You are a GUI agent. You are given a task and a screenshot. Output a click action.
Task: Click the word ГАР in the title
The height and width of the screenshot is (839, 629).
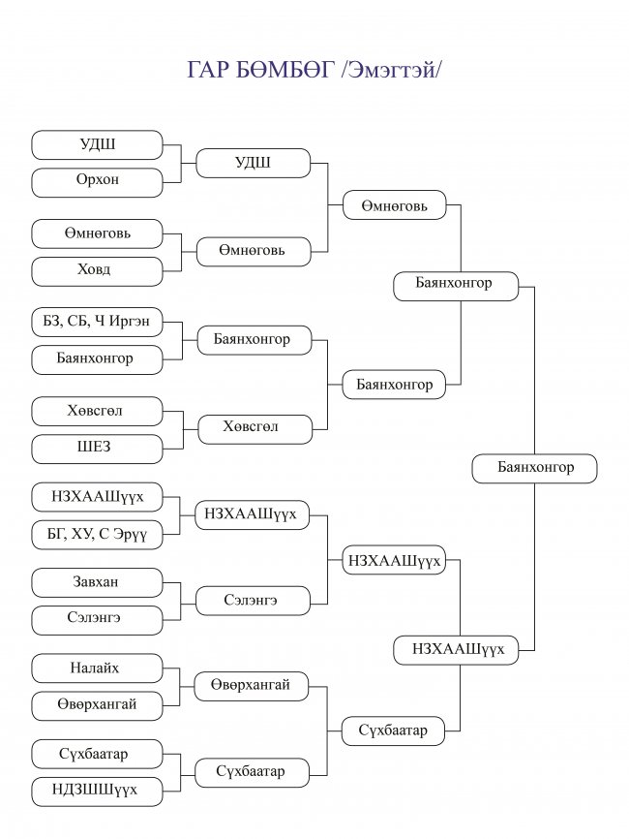pyautogui.click(x=208, y=70)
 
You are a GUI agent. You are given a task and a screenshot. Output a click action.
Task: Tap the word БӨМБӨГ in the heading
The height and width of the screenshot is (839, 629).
pyautogui.click(x=285, y=70)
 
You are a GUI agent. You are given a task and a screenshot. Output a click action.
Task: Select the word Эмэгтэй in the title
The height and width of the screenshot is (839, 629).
pyautogui.click(x=392, y=70)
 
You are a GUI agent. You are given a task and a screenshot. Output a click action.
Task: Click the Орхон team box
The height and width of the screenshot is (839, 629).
pyautogui.click(x=97, y=182)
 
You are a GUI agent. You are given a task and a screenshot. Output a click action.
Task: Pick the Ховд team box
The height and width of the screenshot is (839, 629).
pyautogui.click(x=97, y=271)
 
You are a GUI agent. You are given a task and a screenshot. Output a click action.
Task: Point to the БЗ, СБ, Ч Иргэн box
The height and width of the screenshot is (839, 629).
pyautogui.click(x=97, y=322)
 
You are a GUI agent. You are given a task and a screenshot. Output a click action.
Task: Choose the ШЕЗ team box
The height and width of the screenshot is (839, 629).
pyautogui.click(x=97, y=449)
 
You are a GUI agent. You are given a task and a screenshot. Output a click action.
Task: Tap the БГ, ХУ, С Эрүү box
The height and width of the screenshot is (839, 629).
pyautogui.click(x=97, y=535)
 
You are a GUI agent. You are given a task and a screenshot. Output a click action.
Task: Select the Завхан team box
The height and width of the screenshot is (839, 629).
pyautogui.click(x=97, y=582)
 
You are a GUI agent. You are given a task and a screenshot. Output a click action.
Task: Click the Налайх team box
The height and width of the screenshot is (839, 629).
pyautogui.click(x=97, y=668)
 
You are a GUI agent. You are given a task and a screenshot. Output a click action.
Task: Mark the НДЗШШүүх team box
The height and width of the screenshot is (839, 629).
pyautogui.click(x=97, y=792)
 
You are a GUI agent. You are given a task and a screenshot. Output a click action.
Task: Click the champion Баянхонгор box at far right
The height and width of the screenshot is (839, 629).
pyautogui.click(x=534, y=469)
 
